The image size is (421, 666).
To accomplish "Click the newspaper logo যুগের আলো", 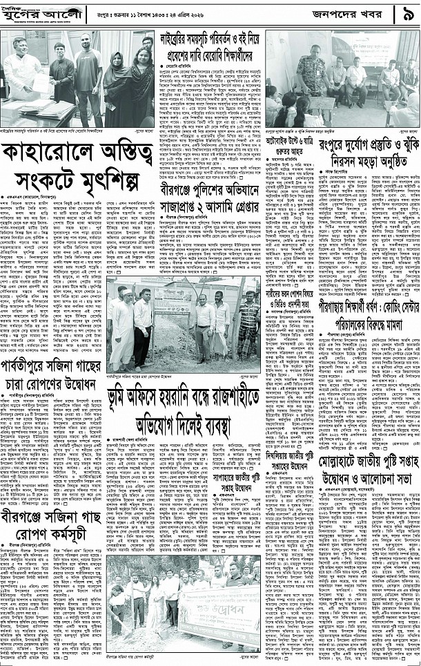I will coord(35,15).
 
